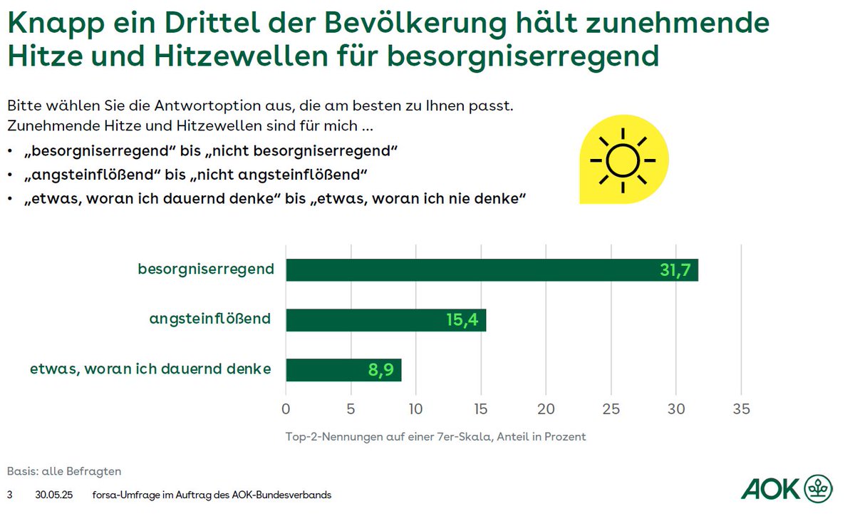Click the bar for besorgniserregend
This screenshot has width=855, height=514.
492,270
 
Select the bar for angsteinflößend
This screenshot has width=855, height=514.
385,320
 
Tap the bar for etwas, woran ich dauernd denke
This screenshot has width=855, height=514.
343,370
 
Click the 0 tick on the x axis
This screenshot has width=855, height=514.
286,410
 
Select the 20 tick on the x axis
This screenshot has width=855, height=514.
546,410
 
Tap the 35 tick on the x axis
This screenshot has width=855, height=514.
741,410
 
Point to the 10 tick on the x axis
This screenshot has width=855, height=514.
415,410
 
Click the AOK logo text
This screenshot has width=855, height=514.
769,489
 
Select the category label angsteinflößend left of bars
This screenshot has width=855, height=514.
210,319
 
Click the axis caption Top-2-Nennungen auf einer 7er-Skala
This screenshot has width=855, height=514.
435,436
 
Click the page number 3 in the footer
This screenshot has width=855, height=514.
10,495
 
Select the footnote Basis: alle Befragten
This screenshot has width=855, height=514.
64,471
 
